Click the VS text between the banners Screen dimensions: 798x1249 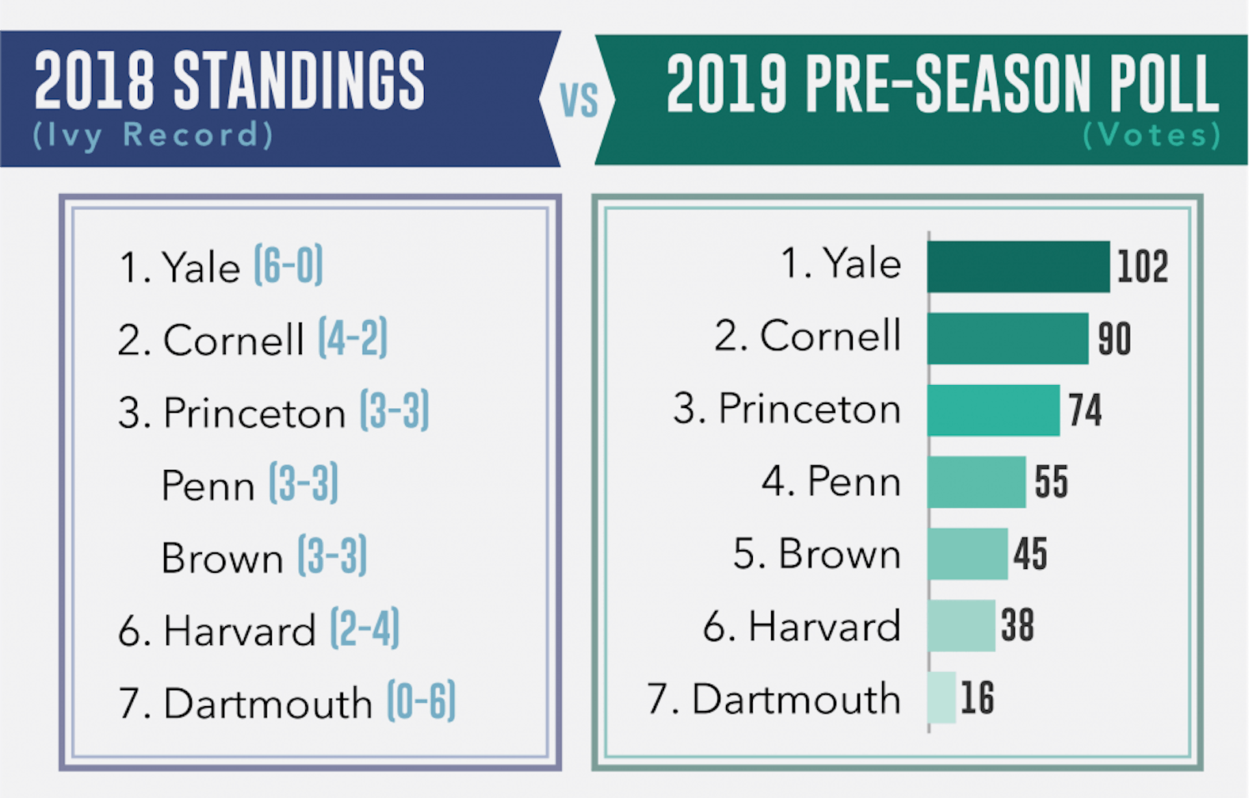(x=579, y=101)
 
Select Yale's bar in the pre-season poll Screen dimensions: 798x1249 (x=1018, y=267)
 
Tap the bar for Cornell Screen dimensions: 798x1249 (x=1007, y=338)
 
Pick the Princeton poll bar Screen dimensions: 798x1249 (x=993, y=410)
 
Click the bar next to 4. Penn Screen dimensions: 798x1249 (x=976, y=482)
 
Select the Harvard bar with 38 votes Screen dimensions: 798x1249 (x=961, y=625)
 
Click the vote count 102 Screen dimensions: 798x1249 (x=1142, y=267)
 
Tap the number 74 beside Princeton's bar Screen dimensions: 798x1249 (x=1085, y=410)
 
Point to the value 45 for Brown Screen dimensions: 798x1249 (x=1030, y=554)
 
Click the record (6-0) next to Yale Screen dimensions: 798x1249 (x=288, y=265)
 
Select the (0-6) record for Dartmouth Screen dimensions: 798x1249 (x=421, y=701)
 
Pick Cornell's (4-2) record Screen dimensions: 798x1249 (x=353, y=338)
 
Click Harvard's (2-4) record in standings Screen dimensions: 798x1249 (x=365, y=629)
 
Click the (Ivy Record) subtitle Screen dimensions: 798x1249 (x=153, y=136)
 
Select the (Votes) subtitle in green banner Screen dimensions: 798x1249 (x=1152, y=136)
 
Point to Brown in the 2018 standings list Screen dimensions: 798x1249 (x=222, y=558)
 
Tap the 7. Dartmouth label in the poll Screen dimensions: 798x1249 (x=774, y=699)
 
